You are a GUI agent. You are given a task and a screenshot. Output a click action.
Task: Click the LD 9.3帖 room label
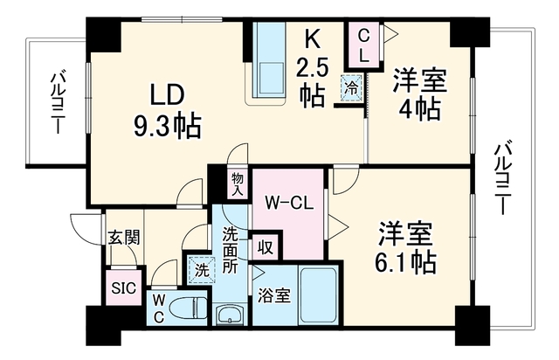168,111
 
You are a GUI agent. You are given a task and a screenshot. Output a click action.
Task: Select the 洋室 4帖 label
420,94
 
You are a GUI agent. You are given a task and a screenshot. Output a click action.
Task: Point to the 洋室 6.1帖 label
405,247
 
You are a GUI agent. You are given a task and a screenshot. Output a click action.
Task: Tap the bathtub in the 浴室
318,295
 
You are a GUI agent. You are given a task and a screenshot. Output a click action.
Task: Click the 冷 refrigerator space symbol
353,87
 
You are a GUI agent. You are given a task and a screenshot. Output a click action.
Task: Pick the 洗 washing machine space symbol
202,271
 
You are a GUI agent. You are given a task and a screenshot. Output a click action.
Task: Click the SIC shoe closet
124,287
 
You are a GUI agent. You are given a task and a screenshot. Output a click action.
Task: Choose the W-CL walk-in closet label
289,204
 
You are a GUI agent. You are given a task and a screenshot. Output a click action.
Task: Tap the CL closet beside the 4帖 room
363,45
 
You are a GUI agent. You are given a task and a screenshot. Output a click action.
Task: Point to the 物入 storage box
238,184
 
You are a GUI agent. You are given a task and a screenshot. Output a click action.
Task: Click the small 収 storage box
266,247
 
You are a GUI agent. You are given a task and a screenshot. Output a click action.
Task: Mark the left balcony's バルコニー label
57,103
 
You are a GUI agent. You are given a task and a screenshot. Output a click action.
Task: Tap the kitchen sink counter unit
269,63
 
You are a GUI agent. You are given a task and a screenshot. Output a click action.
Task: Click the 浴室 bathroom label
274,296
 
